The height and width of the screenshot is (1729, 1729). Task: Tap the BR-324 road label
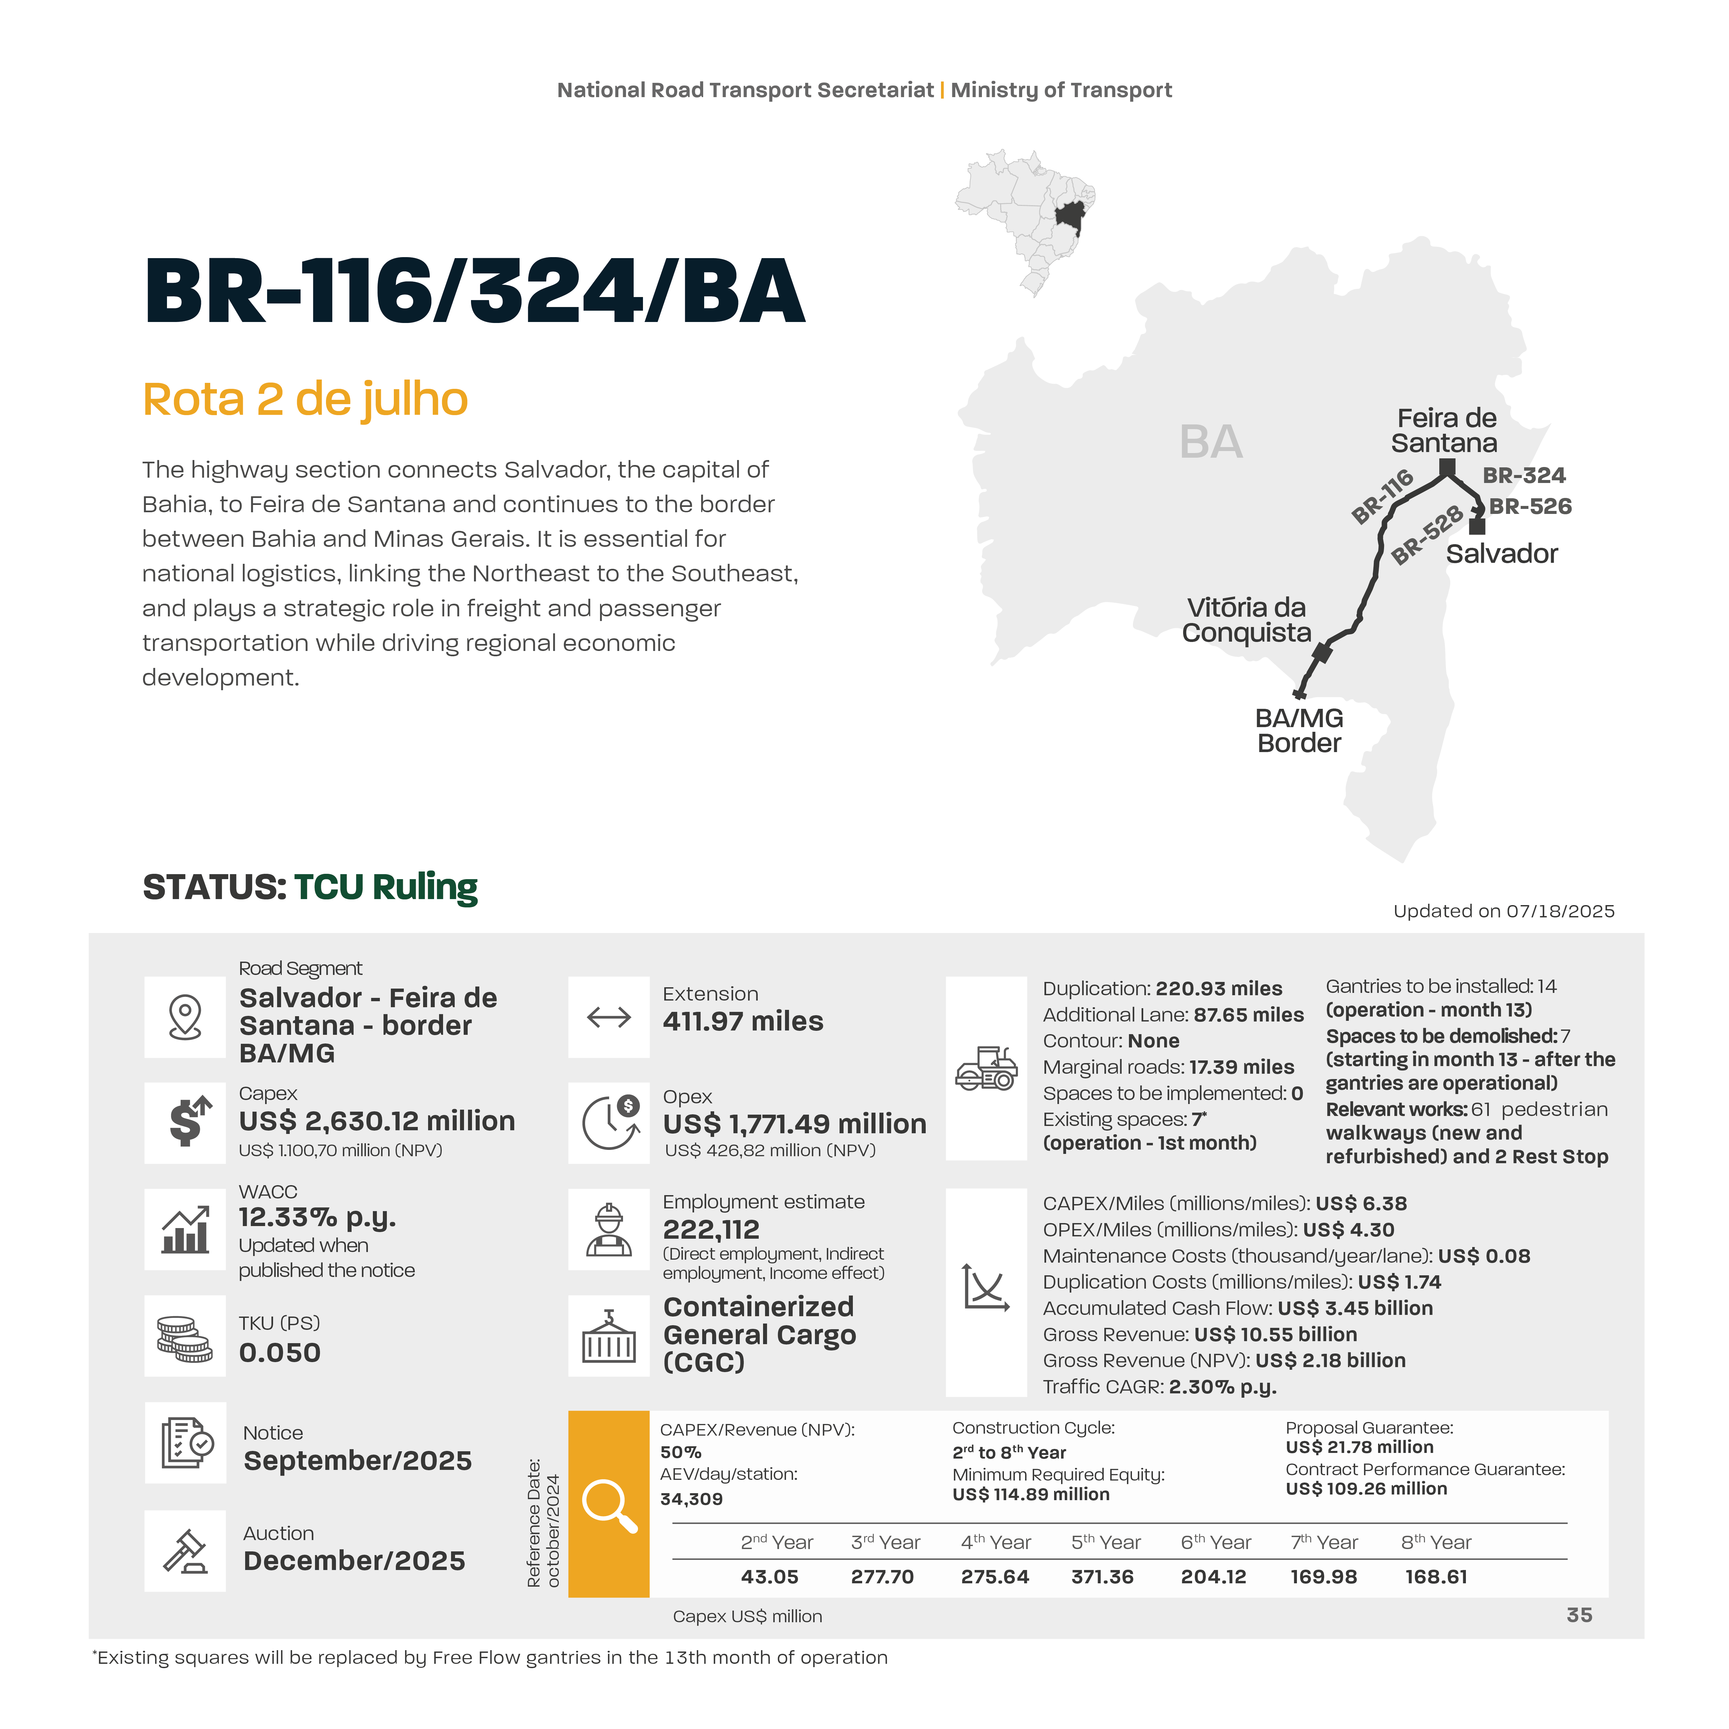[1524, 475]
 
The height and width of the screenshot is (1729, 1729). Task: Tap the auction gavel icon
[185, 1551]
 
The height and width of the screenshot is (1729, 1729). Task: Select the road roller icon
[986, 1068]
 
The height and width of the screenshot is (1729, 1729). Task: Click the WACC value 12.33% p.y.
[317, 1217]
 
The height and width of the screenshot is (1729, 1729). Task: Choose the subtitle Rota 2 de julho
[305, 399]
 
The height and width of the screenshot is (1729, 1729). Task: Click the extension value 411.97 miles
[743, 1021]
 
